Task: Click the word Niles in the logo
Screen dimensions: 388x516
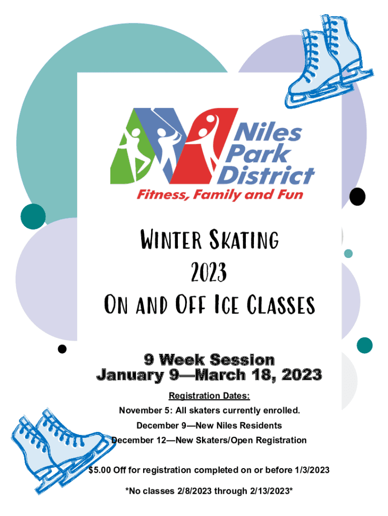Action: pos(268,133)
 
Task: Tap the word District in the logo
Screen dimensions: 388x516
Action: pos(266,175)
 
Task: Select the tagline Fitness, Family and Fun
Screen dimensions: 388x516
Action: pos(220,195)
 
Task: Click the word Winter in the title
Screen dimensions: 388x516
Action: pos(171,239)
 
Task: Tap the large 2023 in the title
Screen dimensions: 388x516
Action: pos(209,272)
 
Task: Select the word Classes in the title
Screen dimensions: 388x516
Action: pos(281,304)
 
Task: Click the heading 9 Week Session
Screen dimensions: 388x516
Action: pos(209,360)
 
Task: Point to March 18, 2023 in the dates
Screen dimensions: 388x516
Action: pos(258,375)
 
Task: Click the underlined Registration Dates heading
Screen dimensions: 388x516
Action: pos(209,396)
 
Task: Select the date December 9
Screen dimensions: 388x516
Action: pos(162,425)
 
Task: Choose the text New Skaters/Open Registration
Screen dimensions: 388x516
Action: pos(241,440)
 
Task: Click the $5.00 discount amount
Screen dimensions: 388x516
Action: pos(100,470)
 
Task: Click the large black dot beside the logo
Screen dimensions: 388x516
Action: pos(357,197)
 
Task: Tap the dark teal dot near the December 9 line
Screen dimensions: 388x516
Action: pos(365,345)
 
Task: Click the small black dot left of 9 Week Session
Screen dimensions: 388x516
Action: pos(62,349)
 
